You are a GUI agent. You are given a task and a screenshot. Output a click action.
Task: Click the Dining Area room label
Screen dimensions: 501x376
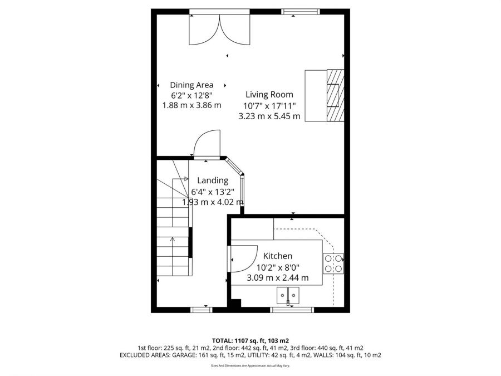pyautogui.click(x=191, y=85)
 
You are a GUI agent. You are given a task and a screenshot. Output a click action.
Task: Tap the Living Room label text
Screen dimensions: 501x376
pyautogui.click(x=269, y=94)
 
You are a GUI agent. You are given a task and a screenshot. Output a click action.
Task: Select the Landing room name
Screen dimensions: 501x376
pyautogui.click(x=213, y=180)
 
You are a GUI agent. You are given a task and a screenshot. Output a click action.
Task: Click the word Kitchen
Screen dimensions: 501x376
pyautogui.click(x=278, y=256)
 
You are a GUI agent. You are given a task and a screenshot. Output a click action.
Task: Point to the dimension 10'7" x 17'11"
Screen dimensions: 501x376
pyautogui.click(x=269, y=105)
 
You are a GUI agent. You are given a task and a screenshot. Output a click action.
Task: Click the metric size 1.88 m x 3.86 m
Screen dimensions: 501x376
pyautogui.click(x=191, y=105)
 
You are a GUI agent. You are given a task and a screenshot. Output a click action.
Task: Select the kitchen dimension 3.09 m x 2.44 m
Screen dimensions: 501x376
pyautogui.click(x=278, y=277)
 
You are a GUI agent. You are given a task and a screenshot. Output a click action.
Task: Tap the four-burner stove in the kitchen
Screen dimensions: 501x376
pyautogui.click(x=333, y=263)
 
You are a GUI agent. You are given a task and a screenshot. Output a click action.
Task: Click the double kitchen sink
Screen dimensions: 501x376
pyautogui.click(x=288, y=295)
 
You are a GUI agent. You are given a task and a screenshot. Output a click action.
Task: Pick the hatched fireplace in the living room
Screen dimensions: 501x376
pyautogui.click(x=335, y=96)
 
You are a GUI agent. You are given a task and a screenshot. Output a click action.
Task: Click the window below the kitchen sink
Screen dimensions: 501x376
pyautogui.click(x=292, y=310)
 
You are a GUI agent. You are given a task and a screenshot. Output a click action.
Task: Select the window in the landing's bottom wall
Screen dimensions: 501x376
pyautogui.click(x=202, y=310)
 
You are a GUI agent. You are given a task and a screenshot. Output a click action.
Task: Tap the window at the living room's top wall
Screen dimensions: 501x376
pyautogui.click(x=301, y=12)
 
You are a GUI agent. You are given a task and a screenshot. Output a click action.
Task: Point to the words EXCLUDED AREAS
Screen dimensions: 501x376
pyautogui.click(x=145, y=355)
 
